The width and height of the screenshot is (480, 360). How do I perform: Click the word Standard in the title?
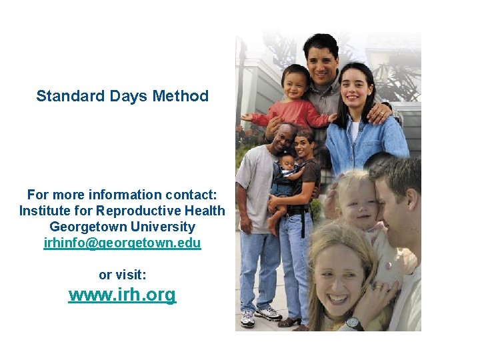65,96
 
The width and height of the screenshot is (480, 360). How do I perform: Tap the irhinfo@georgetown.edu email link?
122,243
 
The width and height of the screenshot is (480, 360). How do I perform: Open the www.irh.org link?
122,295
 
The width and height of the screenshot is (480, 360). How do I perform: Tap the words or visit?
122,274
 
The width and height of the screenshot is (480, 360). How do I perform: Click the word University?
163,227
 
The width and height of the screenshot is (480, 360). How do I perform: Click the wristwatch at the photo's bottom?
353,323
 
